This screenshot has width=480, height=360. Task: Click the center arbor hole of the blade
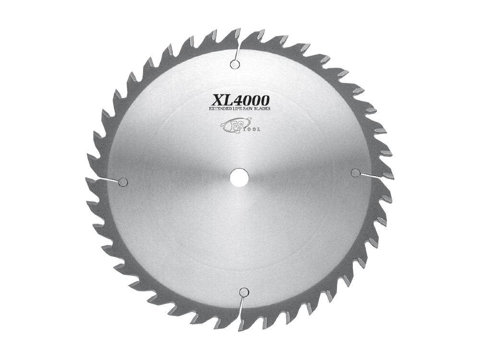(x=238, y=176)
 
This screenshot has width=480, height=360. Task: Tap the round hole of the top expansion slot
(x=234, y=64)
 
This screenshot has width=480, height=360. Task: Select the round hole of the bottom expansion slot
(x=243, y=291)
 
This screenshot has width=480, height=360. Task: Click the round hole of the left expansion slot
(x=122, y=181)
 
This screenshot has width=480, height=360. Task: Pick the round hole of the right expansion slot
(x=356, y=172)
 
